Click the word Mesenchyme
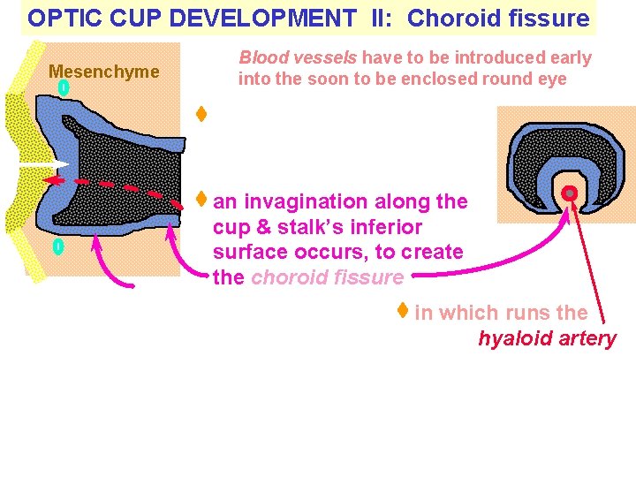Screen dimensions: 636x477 [x=104, y=72]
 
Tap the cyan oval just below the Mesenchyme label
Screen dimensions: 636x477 [x=63, y=88]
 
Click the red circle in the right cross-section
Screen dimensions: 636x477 [x=570, y=193]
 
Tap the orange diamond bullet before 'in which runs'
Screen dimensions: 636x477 [x=402, y=310]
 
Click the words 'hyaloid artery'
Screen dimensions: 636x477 [x=547, y=338]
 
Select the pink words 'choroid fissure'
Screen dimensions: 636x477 [x=327, y=277]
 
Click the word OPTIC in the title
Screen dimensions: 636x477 [x=60, y=18]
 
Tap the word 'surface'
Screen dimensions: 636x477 [x=249, y=253]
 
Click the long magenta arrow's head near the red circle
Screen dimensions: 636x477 [x=561, y=212]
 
